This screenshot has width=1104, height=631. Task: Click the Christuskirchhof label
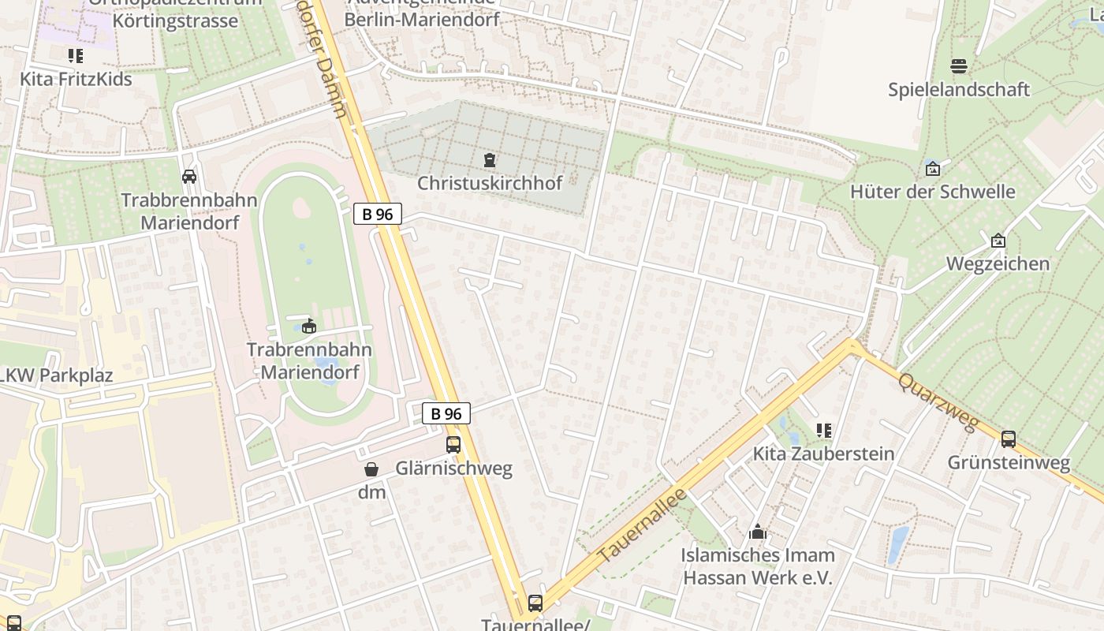coord(490,183)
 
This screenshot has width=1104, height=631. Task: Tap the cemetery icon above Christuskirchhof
coord(490,160)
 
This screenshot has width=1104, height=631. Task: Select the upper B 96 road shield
coord(378,214)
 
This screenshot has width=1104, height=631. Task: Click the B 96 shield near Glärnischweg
coord(446,413)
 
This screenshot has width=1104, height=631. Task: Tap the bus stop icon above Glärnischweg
coord(453,444)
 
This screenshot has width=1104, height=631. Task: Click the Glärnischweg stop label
coord(453,469)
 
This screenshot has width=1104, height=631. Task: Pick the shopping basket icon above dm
coord(371,469)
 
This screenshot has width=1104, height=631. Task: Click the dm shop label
coord(372,493)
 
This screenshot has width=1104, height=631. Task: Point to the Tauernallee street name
coord(643,526)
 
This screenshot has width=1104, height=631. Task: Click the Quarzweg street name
coord(938,402)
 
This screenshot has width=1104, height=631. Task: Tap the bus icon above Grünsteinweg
coord(1009,439)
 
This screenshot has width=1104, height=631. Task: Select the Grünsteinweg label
coord(1009,462)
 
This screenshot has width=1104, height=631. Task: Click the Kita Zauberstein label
coord(823,454)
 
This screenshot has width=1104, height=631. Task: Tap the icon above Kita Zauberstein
coord(824,431)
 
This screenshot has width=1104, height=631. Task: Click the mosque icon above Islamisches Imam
coord(758,531)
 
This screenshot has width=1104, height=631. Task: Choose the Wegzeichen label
coord(998,263)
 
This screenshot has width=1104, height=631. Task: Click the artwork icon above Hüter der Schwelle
coord(933,168)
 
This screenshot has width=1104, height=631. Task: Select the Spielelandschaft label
coord(959,89)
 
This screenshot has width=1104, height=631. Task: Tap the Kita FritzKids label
coord(76,79)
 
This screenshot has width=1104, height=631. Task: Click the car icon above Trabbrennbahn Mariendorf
coord(189,176)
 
